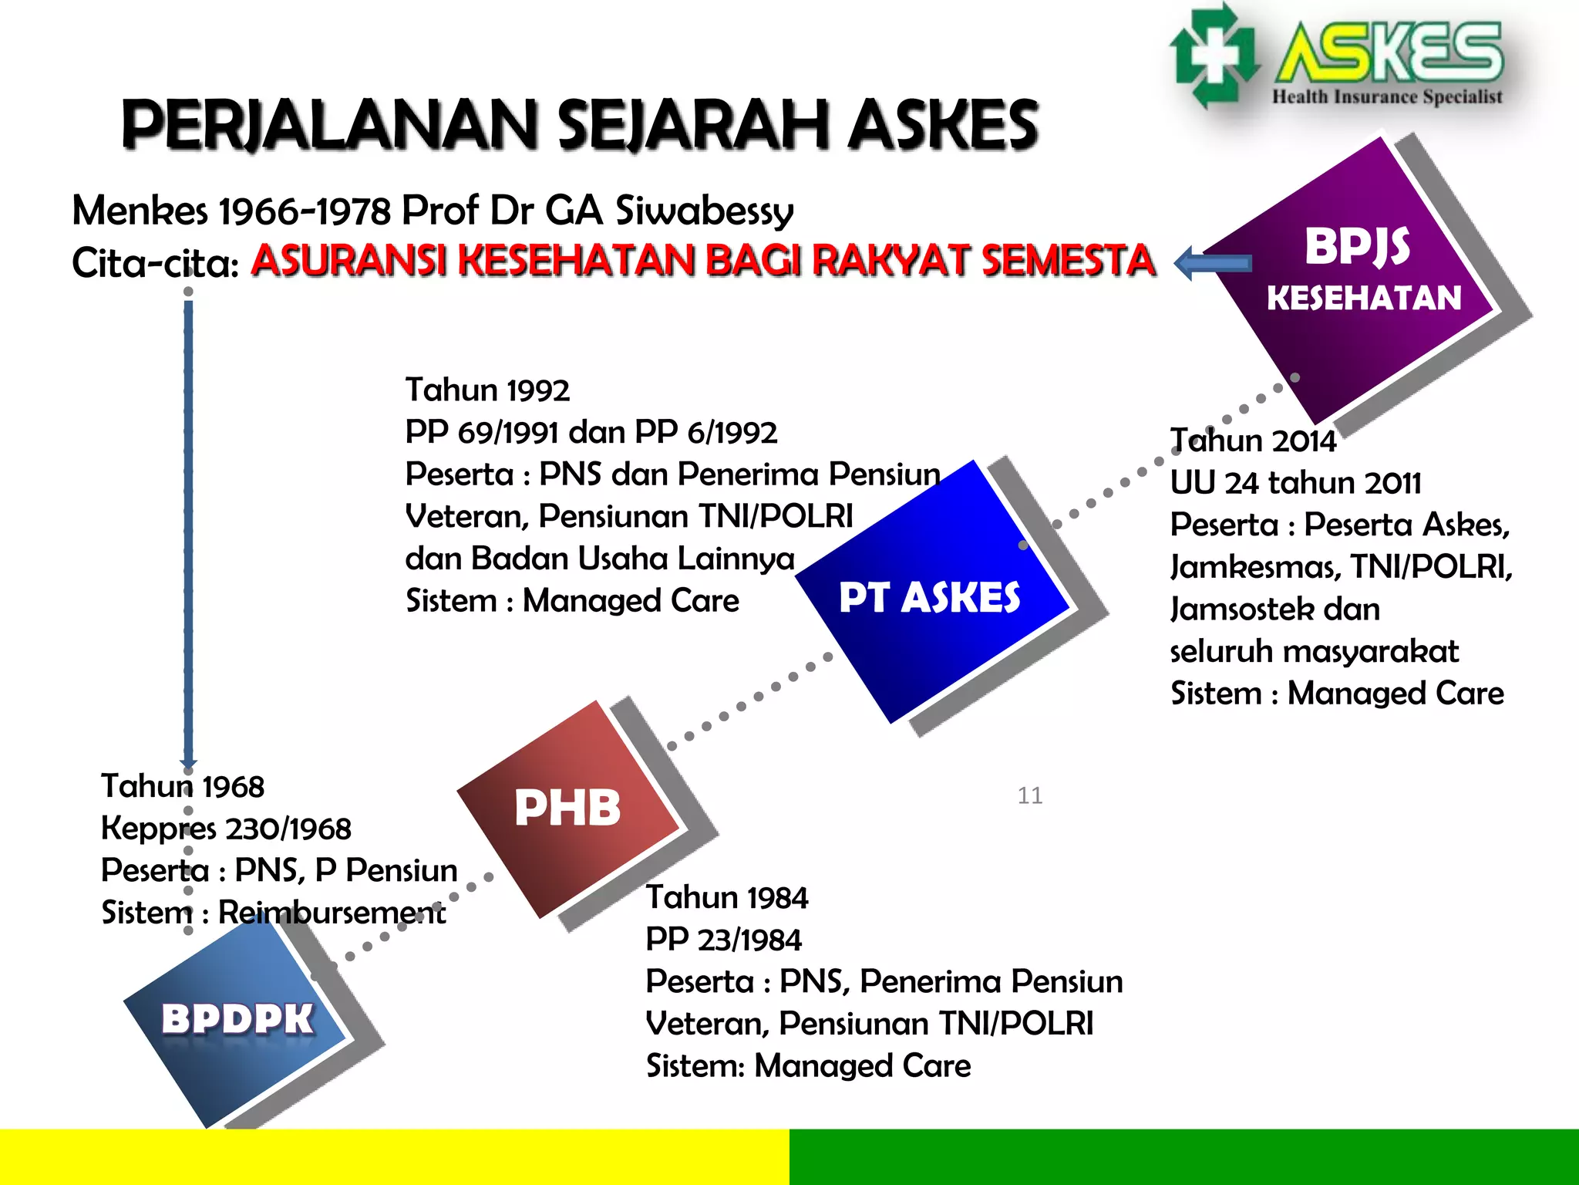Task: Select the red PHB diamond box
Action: click(567, 808)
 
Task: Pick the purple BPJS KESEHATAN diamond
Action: click(1361, 270)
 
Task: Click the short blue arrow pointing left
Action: click(1213, 263)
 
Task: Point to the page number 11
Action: click(1030, 795)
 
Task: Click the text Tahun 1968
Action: click(183, 786)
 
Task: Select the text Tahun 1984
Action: click(727, 897)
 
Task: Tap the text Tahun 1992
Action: click(487, 390)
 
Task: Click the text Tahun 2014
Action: click(1254, 441)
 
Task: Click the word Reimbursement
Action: click(332, 913)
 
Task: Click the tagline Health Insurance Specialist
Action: click(1386, 97)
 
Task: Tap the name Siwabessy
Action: click(704, 211)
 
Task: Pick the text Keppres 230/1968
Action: click(226, 829)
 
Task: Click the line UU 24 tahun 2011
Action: click(1295, 483)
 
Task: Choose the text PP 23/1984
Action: click(723, 940)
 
